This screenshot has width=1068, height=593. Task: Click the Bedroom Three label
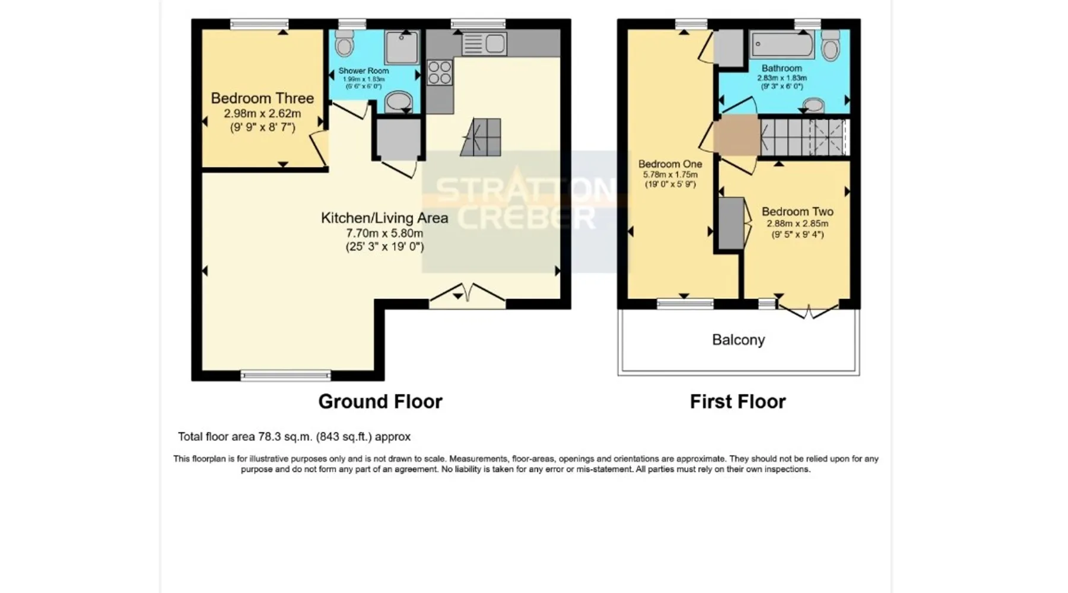click(262, 98)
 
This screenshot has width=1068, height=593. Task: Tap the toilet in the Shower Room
click(344, 43)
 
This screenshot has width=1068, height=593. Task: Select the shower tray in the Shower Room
click(402, 47)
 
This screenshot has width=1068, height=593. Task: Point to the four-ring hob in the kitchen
click(440, 73)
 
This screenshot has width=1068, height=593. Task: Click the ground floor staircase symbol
click(480, 137)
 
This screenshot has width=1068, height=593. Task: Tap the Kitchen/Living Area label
click(384, 218)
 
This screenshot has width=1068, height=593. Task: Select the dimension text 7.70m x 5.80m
click(384, 233)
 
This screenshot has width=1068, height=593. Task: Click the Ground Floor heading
click(380, 401)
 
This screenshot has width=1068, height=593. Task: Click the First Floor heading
click(738, 401)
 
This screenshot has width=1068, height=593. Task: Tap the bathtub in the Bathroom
click(782, 44)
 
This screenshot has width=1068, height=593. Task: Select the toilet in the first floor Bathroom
click(831, 46)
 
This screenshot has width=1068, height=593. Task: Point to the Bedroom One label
click(670, 164)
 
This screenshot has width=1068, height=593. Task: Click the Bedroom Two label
click(797, 212)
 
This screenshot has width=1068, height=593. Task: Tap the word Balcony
click(738, 340)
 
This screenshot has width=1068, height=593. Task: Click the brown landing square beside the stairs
click(736, 136)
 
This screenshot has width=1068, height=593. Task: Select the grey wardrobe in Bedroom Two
click(731, 224)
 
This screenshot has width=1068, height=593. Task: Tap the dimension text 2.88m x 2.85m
click(797, 224)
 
